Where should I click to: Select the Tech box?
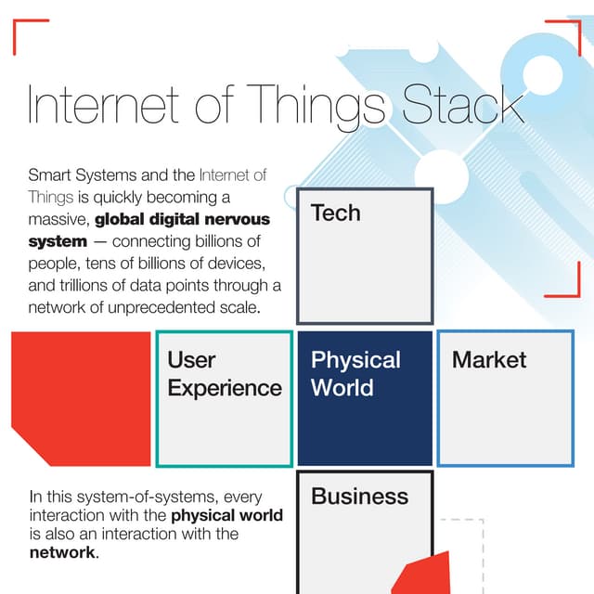(x=365, y=255)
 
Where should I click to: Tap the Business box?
(x=365, y=529)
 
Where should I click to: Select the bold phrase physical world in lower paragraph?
(x=227, y=515)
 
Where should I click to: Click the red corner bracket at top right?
(x=567, y=31)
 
